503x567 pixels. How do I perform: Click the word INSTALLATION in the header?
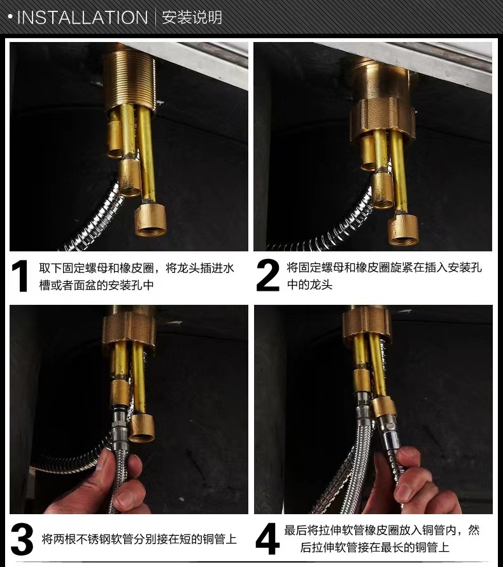[83, 17]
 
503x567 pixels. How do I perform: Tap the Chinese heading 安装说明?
[192, 17]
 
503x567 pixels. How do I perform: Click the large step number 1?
[20, 276]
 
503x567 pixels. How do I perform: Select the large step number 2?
[268, 276]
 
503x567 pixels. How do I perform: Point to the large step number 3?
[22, 539]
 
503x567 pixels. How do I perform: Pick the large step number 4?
[267, 539]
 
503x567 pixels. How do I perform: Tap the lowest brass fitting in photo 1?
[150, 220]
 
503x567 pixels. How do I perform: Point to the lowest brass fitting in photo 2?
[404, 229]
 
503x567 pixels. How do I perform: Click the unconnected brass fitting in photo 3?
[141, 428]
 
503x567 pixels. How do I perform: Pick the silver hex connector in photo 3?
[120, 423]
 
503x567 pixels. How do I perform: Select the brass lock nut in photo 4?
[367, 325]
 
